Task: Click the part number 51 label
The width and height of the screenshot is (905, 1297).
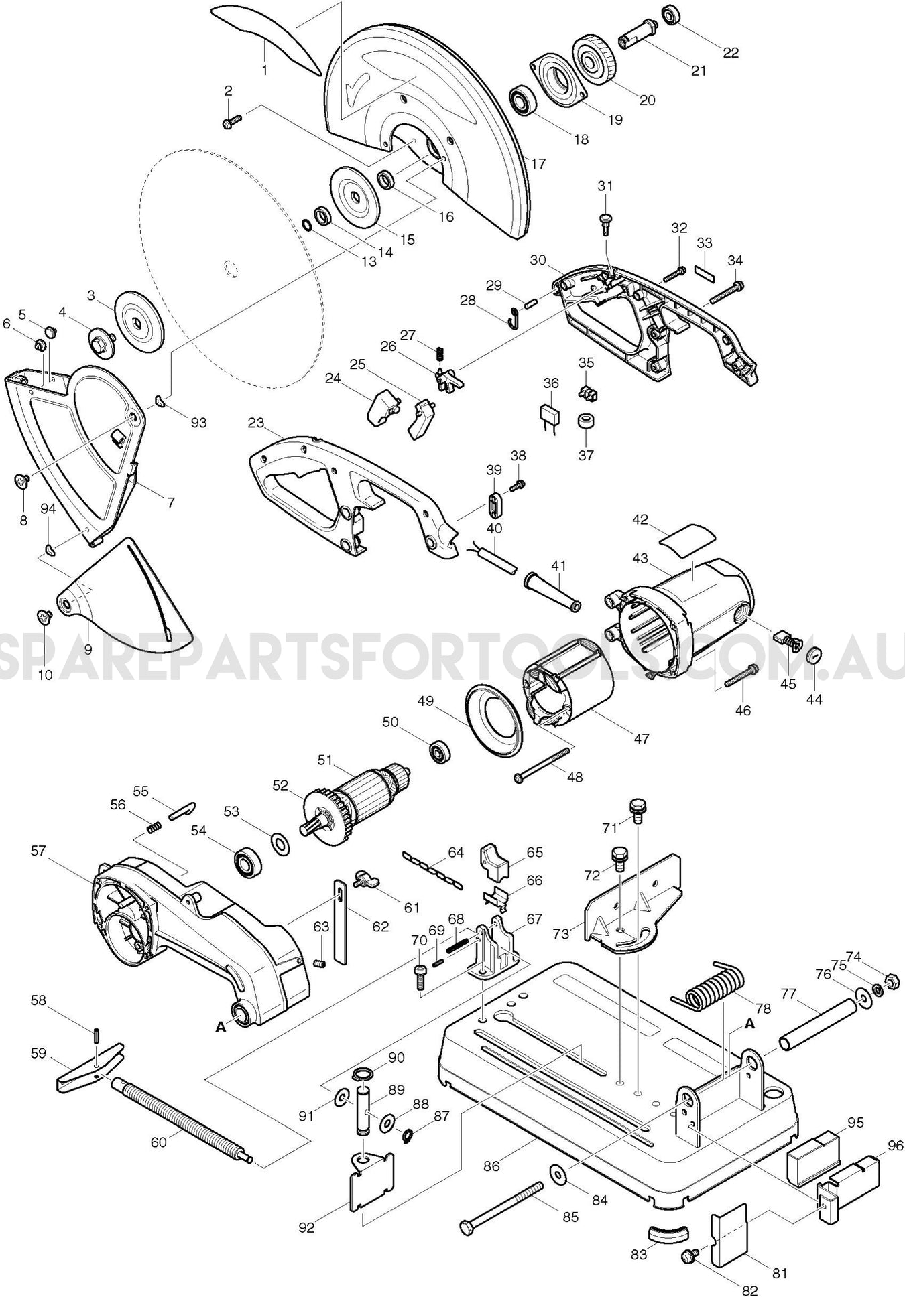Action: point(324,760)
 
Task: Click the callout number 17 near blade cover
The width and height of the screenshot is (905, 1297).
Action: point(538,163)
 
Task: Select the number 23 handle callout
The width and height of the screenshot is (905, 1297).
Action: point(256,423)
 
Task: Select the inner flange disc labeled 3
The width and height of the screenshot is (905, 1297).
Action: point(139,321)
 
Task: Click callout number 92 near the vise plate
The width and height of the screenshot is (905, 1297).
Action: point(306,1228)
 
